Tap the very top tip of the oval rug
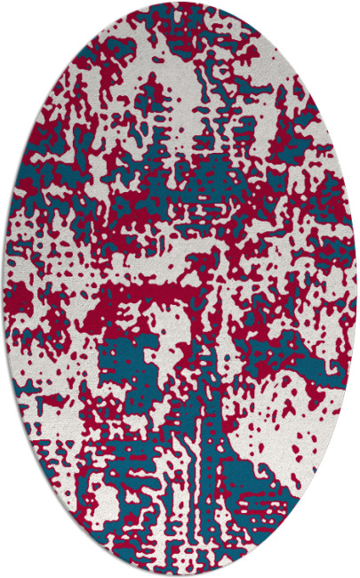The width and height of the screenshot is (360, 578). [x=180, y=3]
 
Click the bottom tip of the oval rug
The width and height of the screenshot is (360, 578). [x=180, y=574]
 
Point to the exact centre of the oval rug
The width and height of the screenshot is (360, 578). [x=180, y=289]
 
